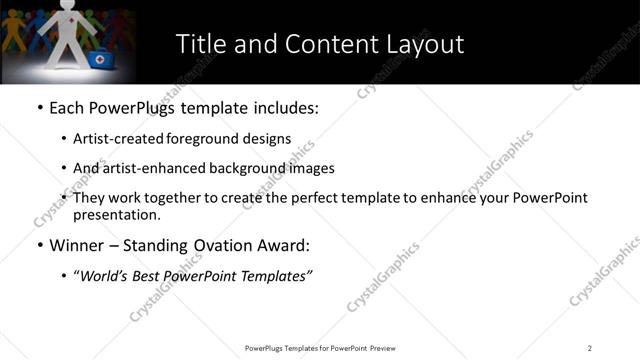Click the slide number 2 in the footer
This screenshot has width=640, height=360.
pos(590,348)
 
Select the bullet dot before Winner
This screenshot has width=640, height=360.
pos(39,245)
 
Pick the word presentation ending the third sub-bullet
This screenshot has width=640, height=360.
pos(115,214)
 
